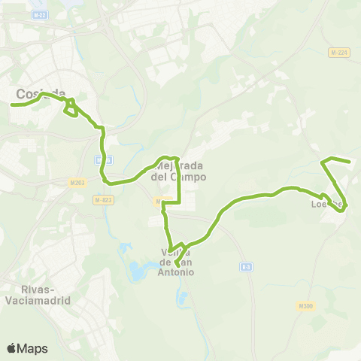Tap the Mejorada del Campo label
click(x=178, y=171)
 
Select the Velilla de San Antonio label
click(x=177, y=262)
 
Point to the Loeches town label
click(x=328, y=204)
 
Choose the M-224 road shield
click(x=339, y=53)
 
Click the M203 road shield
click(x=77, y=182)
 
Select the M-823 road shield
click(x=103, y=200)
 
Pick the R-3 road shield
click(x=246, y=266)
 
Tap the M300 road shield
click(x=305, y=306)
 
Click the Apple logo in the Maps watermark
click(x=12, y=348)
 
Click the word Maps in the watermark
click(x=34, y=348)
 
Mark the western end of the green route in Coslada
click(x=11, y=105)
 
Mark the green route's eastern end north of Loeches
click(x=350, y=161)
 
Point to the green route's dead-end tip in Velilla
click(x=177, y=265)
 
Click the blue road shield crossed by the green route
click(x=105, y=160)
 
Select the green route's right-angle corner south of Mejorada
click(x=180, y=202)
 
